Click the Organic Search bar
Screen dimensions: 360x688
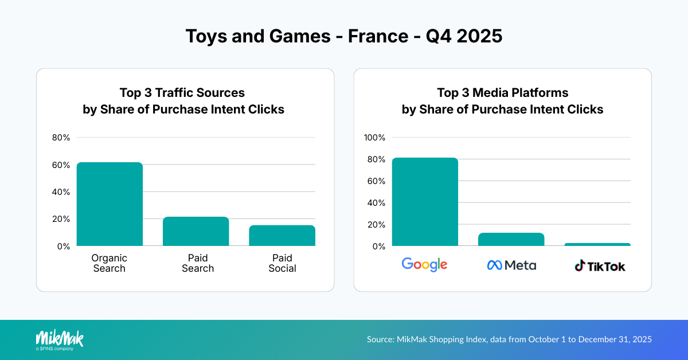tap(110, 204)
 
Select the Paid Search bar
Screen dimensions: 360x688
tap(196, 232)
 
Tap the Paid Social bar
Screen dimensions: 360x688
tap(282, 236)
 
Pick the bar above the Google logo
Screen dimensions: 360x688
tap(425, 202)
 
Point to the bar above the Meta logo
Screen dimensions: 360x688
tap(511, 240)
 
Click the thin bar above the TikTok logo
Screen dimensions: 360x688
tap(597, 245)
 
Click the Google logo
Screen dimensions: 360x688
tap(424, 264)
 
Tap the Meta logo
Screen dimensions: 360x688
tap(511, 265)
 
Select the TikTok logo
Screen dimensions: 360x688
tap(600, 266)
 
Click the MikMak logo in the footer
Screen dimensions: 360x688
tap(60, 339)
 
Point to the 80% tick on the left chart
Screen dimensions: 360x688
tap(60, 138)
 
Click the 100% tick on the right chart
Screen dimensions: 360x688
tap(375, 138)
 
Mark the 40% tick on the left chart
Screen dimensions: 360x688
tap(60, 192)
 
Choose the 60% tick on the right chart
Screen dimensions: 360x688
tap(376, 181)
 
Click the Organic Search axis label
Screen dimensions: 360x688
tap(109, 263)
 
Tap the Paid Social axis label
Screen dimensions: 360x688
tap(282, 263)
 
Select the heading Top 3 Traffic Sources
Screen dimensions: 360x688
tap(182, 92)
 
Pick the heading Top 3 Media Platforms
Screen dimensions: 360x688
tap(502, 92)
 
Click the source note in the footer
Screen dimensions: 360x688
tap(509, 339)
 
